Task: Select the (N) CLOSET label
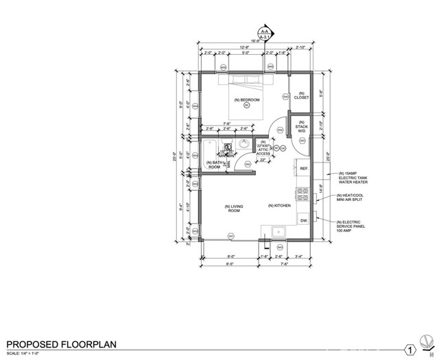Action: (301, 95)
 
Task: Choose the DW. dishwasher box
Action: (303, 220)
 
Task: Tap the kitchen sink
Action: (278, 232)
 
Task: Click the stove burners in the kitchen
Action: (301, 194)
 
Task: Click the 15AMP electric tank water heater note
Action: (354, 177)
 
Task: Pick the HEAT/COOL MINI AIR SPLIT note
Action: (353, 200)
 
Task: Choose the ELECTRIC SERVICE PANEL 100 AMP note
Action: (353, 226)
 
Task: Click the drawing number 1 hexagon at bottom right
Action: (410, 350)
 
